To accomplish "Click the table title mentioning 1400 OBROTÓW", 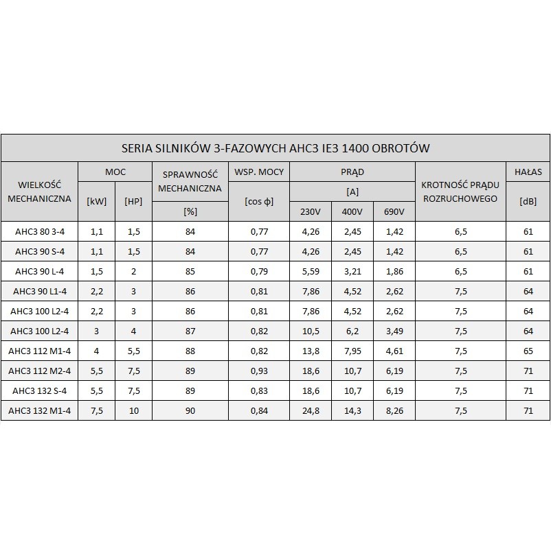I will pos(275,148).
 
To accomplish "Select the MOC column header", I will pos(115,172).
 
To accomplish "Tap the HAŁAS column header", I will pos(528,172).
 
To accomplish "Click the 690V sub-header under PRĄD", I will pos(394,211).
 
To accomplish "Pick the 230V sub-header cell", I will pos(311,211).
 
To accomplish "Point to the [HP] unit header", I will pos(133,201).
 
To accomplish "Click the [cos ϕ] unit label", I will pos(259,201).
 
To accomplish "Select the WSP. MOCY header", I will pos(259,172).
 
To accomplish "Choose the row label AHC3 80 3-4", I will pos(39,232).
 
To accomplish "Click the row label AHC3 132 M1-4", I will pos(39,411).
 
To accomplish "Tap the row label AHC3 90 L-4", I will pos(39,272).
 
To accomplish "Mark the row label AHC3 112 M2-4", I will pos(39,371).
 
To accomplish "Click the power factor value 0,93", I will pos(259,371).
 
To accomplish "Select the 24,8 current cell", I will pos(311,411).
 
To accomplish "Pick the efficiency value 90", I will pos(190,411).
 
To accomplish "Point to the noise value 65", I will pos(528,351).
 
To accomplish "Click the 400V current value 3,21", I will pos(352,272).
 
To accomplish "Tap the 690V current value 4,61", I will pos(394,351).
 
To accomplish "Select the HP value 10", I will pos(133,411).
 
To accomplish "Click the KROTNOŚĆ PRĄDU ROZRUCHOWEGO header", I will pos(460,191).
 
